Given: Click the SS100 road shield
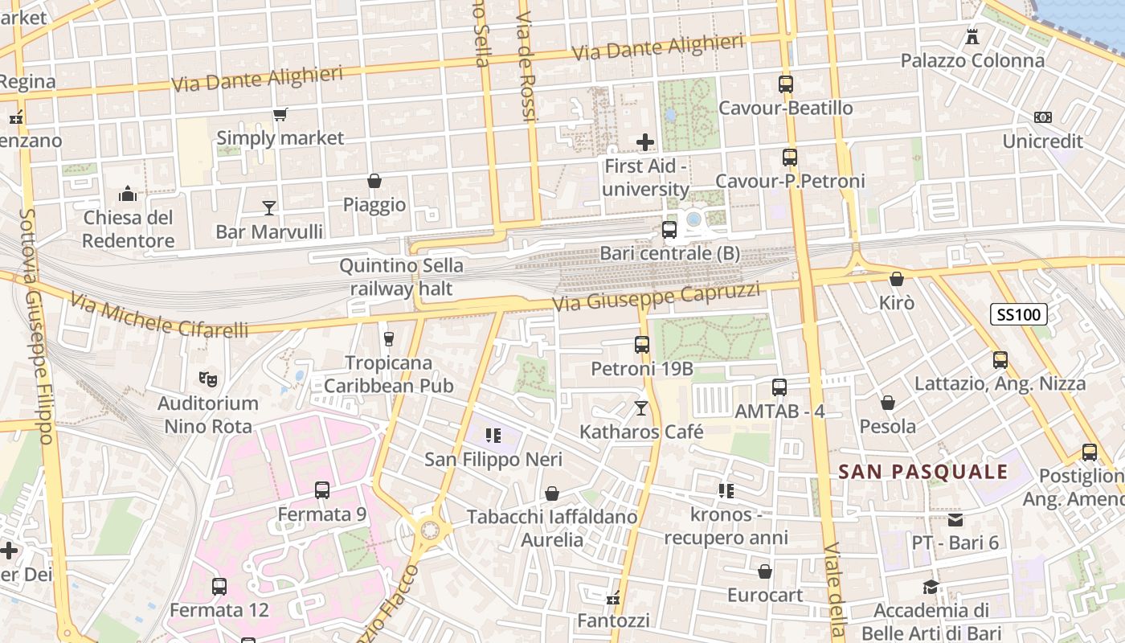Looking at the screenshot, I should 1018,314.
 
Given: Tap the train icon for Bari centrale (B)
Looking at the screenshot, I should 669,230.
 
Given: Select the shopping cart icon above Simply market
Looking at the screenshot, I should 280,115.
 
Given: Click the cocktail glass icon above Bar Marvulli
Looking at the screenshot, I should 269,208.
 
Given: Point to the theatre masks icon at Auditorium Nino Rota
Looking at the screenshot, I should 207,378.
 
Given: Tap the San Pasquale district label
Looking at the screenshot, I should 922,472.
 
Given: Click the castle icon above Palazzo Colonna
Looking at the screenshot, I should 972,36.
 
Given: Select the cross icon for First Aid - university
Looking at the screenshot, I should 645,142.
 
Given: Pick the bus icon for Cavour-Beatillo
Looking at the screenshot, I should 786,84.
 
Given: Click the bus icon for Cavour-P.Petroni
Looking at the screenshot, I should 790,158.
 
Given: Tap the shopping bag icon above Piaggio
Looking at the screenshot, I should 374,181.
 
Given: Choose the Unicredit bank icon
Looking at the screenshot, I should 1043,117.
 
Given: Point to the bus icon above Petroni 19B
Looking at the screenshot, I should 642,345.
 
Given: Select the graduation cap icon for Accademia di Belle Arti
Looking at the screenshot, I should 931,587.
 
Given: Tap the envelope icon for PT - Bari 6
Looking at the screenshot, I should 955,519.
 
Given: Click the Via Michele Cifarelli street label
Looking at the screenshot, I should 158,315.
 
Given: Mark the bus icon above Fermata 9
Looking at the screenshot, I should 322,489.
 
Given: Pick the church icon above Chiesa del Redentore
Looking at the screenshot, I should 128,194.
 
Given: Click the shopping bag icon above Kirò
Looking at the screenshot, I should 897,279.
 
